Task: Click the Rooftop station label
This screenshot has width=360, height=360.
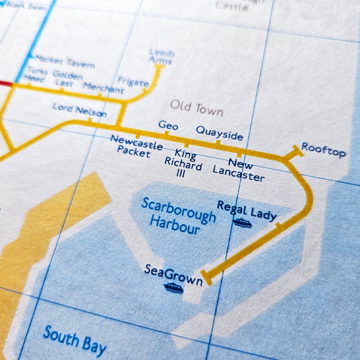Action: click(323, 150)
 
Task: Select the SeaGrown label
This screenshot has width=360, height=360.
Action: click(173, 275)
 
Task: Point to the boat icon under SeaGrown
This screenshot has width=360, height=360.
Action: click(173, 288)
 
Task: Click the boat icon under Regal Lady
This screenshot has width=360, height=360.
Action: click(242, 223)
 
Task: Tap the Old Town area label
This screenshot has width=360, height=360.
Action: click(196, 109)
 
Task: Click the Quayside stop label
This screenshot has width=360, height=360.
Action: click(219, 133)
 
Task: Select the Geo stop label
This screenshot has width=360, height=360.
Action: click(168, 125)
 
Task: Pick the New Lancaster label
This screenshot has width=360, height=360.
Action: click(239, 170)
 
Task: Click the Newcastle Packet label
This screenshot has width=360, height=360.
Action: click(136, 146)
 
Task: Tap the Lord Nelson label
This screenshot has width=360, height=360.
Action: click(80, 110)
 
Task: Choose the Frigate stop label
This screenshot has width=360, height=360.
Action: click(133, 81)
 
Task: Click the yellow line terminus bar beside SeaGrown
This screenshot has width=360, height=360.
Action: click(206, 278)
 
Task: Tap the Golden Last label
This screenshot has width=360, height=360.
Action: click(67, 79)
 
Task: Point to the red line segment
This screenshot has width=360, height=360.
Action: click(5, 83)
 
